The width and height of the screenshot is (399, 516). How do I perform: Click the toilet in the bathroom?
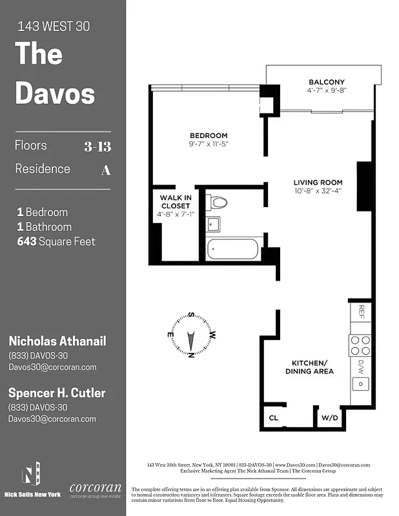[220, 203]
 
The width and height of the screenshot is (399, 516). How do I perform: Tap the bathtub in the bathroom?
[232, 250]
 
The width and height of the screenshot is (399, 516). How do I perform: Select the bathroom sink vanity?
[214, 224]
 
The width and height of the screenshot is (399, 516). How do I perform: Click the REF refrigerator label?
[361, 312]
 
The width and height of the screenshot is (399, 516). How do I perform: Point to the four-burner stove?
[360, 346]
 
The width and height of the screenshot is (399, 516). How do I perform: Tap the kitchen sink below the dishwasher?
[360, 384]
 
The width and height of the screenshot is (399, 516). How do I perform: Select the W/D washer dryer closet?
[329, 417]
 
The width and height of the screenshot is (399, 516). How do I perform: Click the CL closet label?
[273, 417]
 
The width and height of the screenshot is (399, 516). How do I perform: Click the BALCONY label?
[326, 82]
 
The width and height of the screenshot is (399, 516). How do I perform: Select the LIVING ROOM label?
[318, 183]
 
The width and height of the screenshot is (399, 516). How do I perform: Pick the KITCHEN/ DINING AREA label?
[309, 366]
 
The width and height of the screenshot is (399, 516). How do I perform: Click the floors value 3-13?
[97, 146]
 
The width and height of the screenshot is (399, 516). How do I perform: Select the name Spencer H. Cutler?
[56, 393]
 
